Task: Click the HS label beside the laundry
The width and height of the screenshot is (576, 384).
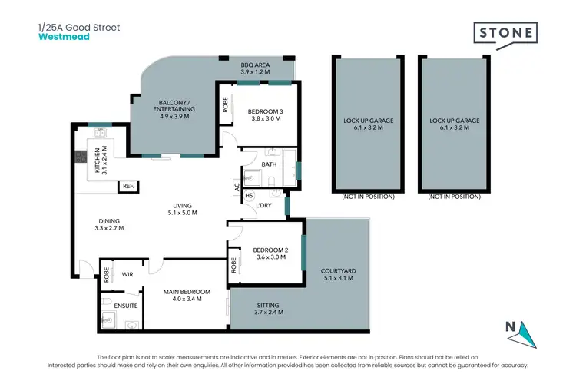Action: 249,196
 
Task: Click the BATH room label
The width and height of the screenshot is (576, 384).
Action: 269,164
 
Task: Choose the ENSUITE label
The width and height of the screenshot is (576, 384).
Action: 126,305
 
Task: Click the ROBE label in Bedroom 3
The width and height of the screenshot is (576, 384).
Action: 226,104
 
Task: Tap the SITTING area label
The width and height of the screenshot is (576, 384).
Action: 270,305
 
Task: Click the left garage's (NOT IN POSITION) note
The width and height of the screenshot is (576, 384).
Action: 368,197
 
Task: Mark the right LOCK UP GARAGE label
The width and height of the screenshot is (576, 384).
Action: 455,121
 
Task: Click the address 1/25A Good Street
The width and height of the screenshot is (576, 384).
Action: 79,27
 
